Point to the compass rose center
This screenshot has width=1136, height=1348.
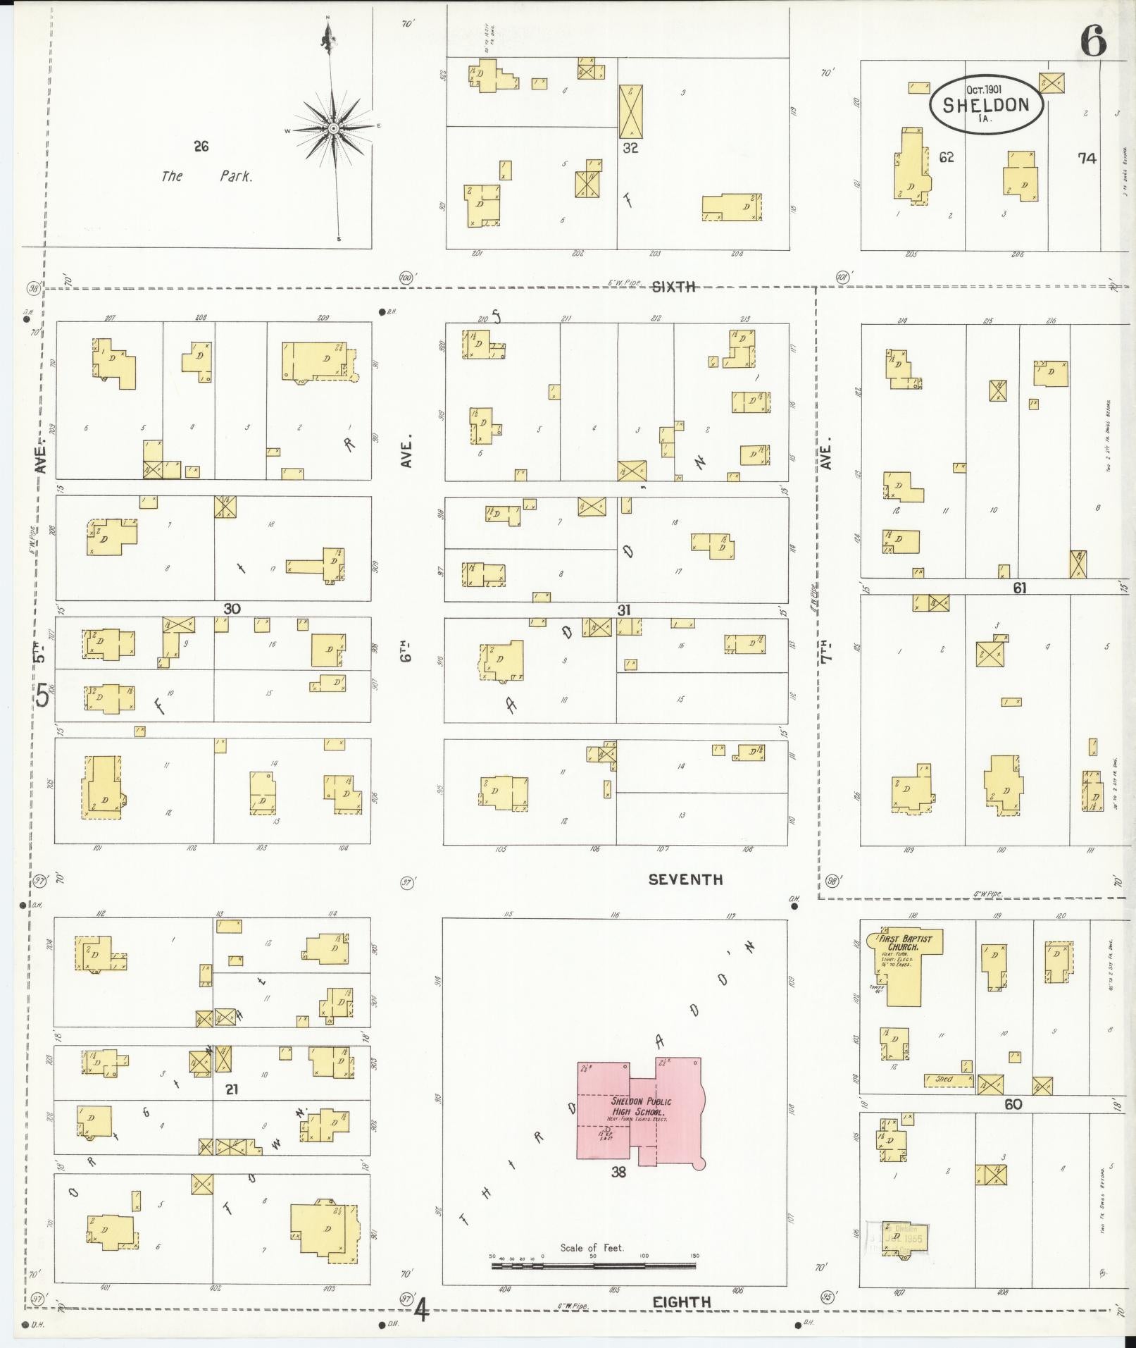coord(333,128)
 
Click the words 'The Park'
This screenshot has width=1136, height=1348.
coord(206,176)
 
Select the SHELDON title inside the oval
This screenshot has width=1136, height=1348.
coord(985,106)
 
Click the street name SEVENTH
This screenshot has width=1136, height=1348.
coord(685,879)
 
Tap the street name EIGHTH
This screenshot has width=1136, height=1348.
coord(681,1302)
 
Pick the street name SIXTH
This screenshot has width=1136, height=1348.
coord(673,286)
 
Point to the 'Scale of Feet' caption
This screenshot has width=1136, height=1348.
coord(592,1247)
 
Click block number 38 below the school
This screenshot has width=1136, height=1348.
coord(618,1173)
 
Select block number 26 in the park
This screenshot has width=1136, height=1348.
coord(201,147)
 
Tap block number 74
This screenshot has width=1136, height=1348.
coord(1087,159)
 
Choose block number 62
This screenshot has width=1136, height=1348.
coord(946,157)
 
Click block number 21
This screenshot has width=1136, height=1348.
coord(232,1089)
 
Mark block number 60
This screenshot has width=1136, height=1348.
coord(1013,1104)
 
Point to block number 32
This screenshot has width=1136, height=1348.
coord(630,149)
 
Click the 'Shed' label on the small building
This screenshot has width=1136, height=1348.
coord(944,1079)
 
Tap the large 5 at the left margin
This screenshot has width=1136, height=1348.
coord(42,696)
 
